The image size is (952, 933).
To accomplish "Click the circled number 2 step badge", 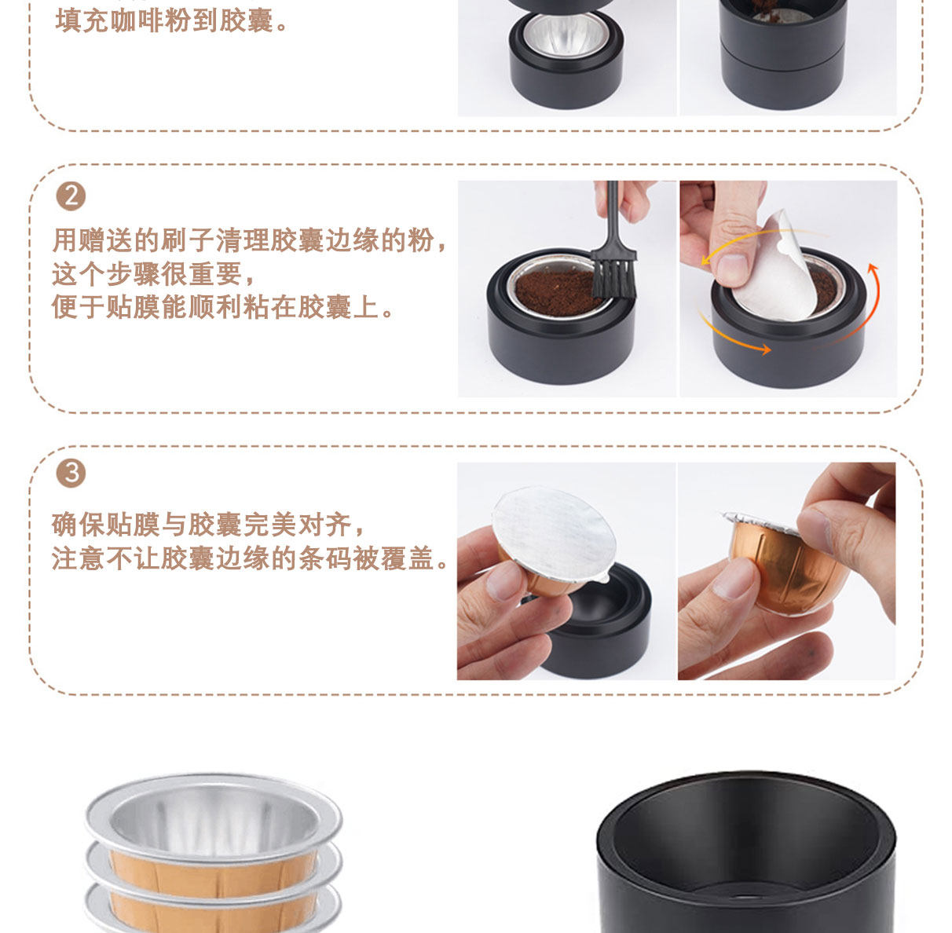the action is coord(71,196).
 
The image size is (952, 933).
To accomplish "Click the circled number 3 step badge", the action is coord(71,473).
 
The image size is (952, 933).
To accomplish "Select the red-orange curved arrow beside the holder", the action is coord(862,306).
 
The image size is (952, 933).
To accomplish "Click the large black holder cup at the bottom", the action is coord(746,855).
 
